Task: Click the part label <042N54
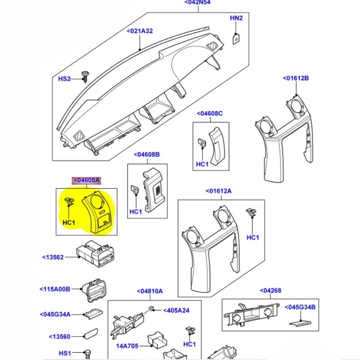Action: pos(197,3)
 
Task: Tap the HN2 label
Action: pos(236,18)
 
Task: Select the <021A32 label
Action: pos(140,31)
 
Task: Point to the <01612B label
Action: pos(296,78)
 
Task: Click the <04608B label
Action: pos(146,155)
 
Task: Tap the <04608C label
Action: pos(209,114)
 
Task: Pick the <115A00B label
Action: pos(55,289)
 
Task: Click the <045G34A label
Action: pos(55,314)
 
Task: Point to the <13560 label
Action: pos(60,336)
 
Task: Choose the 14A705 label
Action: pos(128,346)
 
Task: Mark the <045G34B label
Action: pos(303,307)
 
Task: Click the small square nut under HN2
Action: pos(235,39)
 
